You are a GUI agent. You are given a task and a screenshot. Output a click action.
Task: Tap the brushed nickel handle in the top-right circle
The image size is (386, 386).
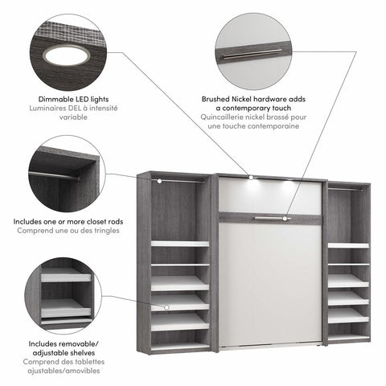[251, 55]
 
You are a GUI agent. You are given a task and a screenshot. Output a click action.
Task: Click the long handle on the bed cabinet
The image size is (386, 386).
[269, 217]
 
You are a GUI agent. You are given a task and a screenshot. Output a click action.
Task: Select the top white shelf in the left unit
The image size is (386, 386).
[179, 243]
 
